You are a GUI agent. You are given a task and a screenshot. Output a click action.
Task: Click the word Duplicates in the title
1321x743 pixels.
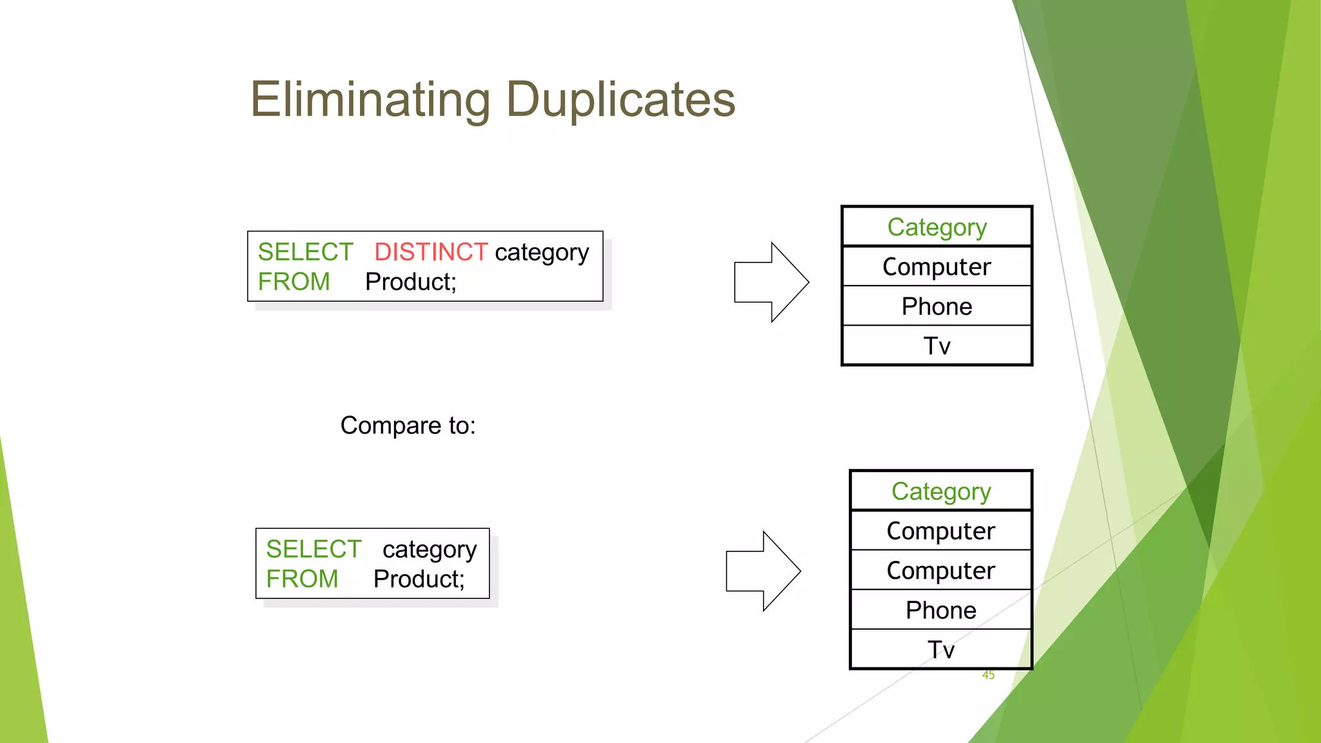[x=621, y=100]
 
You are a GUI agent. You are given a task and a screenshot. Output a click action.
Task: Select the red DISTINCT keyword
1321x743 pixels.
[x=430, y=252]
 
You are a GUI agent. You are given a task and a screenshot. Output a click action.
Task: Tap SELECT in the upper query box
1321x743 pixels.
[x=305, y=252]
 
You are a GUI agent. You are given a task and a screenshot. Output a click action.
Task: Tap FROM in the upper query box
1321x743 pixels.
[x=293, y=282]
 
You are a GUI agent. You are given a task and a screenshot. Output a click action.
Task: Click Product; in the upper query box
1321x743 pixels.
[x=410, y=282]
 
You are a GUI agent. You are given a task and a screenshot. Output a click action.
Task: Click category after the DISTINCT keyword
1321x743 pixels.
[x=541, y=252]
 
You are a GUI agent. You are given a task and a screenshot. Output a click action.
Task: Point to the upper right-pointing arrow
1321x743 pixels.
[x=771, y=282]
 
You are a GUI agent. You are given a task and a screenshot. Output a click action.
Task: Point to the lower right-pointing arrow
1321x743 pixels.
[x=762, y=571]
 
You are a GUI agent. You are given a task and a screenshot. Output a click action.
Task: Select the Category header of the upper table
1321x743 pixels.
[x=937, y=227]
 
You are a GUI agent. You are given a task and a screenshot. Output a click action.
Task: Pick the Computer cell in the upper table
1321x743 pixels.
[x=937, y=266]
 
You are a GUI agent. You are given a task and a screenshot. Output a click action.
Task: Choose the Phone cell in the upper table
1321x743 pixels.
[x=937, y=306]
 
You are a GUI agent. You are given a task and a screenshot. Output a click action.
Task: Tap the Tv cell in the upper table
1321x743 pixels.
[x=937, y=346]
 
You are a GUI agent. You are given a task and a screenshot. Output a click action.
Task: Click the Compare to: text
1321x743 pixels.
[x=408, y=426]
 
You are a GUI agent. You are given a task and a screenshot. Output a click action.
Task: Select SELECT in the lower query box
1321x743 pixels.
[x=313, y=549]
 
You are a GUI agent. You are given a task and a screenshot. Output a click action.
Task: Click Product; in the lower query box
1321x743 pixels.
[x=419, y=579]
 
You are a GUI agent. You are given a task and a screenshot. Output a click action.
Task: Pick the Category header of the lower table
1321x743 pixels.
[x=940, y=491]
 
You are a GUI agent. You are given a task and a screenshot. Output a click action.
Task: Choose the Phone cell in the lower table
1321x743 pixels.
[x=940, y=610]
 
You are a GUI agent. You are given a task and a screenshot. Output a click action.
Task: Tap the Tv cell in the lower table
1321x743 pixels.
[x=940, y=649]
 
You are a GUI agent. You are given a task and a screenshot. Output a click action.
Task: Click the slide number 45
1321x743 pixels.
[x=988, y=675]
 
